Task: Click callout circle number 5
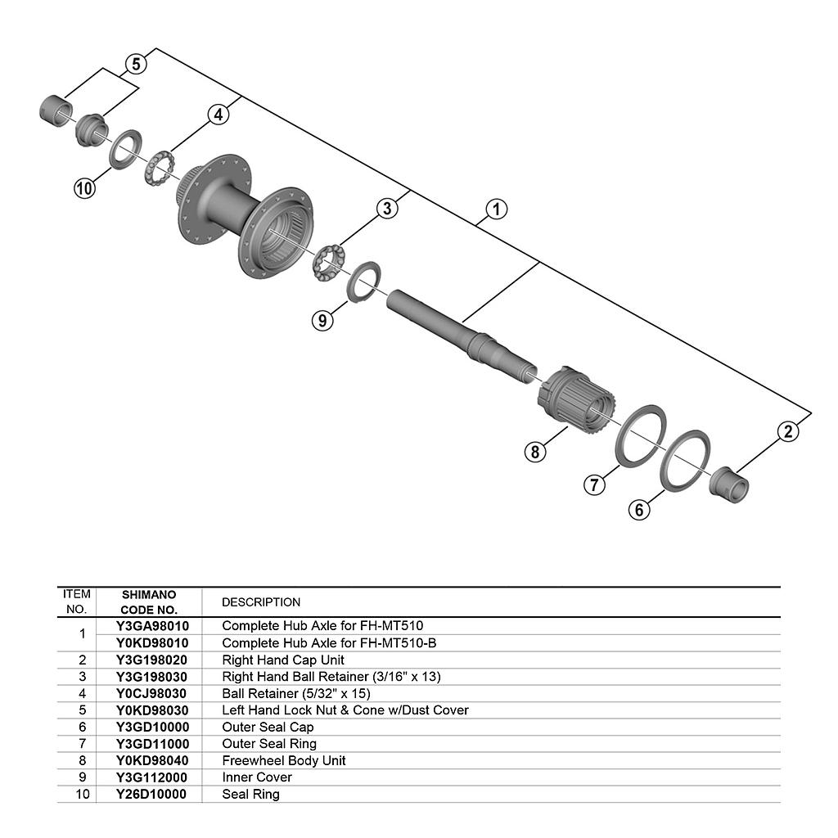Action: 136,64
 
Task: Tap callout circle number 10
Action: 84,188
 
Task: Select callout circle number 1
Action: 496,209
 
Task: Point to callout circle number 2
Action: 787,431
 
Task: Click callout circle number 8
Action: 535,451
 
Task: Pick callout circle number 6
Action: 639,509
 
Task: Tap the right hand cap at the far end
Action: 729,484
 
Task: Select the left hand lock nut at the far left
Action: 55,110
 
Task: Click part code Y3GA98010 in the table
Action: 152,626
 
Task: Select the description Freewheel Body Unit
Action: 283,760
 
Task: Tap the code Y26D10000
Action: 151,794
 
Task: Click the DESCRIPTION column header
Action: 261,602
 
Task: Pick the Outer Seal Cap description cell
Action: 268,727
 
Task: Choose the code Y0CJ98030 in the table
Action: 152,693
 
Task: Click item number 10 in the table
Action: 82,794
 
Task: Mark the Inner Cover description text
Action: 257,777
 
